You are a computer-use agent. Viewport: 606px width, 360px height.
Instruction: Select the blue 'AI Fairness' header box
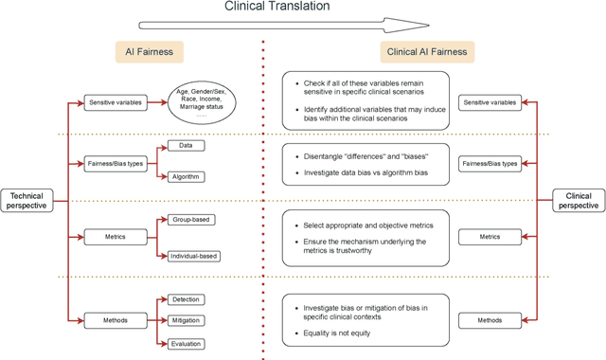click(x=149, y=53)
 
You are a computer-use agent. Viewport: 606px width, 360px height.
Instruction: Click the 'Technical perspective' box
click(x=27, y=200)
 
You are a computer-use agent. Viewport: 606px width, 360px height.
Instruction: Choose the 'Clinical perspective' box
click(x=579, y=200)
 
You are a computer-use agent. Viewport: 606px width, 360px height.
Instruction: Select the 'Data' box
click(x=186, y=146)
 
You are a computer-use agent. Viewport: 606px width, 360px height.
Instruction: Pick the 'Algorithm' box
click(x=186, y=176)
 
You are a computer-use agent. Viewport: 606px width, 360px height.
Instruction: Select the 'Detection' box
click(x=186, y=299)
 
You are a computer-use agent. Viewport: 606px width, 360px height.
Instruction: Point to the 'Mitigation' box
click(x=186, y=321)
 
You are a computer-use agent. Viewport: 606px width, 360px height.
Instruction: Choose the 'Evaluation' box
click(x=186, y=344)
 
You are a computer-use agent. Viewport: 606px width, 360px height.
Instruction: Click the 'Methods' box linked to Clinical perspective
click(x=490, y=321)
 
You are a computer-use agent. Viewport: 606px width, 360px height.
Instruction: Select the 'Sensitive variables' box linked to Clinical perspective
click(x=490, y=101)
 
